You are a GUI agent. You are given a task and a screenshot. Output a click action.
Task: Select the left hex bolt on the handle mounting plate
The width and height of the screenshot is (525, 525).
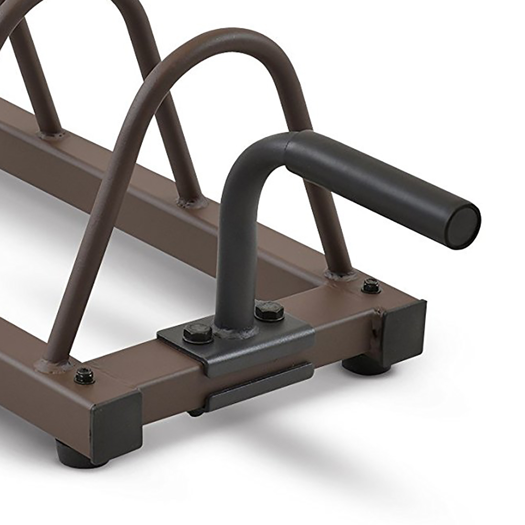click(197, 333)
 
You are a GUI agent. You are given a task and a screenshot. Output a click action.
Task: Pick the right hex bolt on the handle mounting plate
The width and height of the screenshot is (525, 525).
click(269, 311)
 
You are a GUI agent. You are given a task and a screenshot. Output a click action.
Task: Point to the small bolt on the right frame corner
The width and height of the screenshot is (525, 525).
click(371, 286)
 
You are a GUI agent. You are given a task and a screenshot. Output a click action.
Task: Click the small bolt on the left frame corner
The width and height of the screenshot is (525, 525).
click(84, 375)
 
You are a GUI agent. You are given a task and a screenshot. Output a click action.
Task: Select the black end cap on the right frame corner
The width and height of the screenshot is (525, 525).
click(403, 334)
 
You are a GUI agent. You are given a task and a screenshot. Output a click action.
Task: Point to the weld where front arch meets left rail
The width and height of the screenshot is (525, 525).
click(54, 363)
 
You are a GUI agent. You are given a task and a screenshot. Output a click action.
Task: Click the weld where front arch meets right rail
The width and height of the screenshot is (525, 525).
click(340, 274)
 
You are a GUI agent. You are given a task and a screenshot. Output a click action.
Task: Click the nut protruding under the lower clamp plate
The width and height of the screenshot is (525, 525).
click(196, 413)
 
